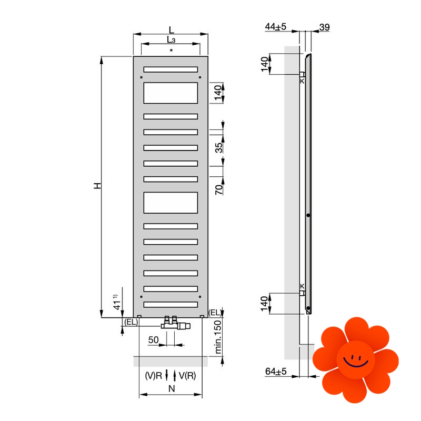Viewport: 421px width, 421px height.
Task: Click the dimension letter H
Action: [x=97, y=186]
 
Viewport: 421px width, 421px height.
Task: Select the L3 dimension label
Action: [x=171, y=40]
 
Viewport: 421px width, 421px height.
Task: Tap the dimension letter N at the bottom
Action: [x=172, y=388]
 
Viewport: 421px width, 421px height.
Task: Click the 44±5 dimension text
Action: [x=275, y=27]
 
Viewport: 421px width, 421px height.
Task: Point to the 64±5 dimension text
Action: [x=276, y=372]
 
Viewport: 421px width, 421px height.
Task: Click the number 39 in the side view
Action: [x=325, y=27]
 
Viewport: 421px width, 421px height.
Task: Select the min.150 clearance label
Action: [x=218, y=337]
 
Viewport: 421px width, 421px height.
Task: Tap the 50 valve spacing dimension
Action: [x=153, y=340]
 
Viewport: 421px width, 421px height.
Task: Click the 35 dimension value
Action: [x=219, y=148]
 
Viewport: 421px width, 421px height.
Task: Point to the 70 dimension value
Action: [x=219, y=189]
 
